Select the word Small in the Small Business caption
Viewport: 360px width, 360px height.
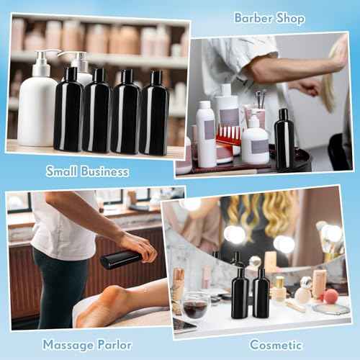[x=64, y=171]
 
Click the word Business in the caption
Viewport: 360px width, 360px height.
[x=105, y=171]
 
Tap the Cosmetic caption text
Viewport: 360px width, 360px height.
[x=276, y=345]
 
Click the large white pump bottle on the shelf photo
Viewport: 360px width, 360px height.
[x=37, y=108]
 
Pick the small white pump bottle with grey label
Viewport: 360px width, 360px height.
[x=254, y=140]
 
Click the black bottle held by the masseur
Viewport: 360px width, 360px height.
[x=120, y=258]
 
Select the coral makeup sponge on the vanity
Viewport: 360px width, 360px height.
[x=330, y=296]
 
